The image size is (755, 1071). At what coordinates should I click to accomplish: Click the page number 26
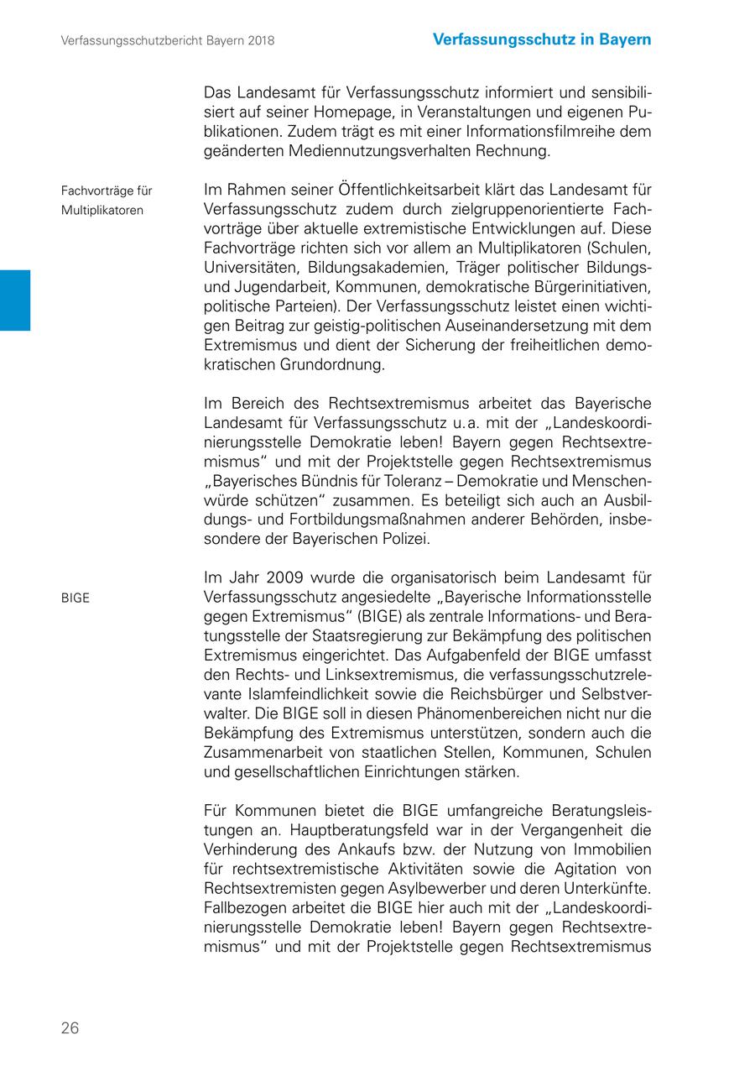[x=70, y=1027]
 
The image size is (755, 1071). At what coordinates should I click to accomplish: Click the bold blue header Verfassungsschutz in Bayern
[x=542, y=39]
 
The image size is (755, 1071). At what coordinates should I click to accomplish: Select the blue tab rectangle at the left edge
[x=14, y=300]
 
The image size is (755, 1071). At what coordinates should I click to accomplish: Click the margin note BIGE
[x=75, y=598]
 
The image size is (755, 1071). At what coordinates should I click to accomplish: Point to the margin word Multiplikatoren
[x=102, y=210]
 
